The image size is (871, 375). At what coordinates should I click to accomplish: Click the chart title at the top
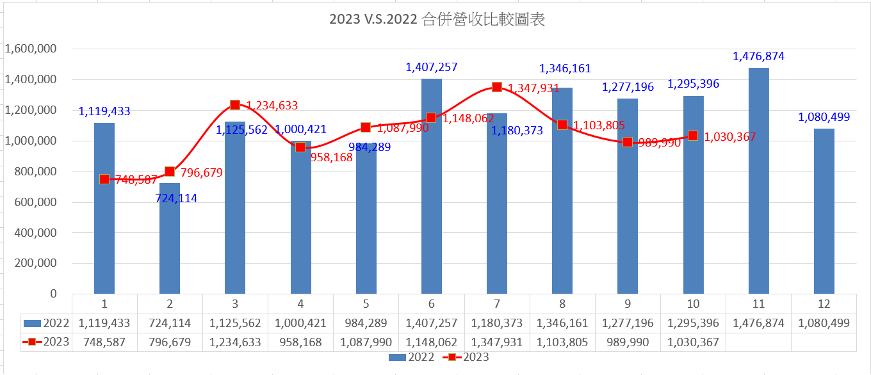coord(437,20)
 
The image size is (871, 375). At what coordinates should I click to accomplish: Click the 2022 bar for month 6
coord(432,186)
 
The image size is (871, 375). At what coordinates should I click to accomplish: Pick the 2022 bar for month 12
coord(824,211)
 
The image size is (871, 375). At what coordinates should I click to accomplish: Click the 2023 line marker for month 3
coord(235,105)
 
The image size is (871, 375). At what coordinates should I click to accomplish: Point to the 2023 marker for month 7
coord(497,87)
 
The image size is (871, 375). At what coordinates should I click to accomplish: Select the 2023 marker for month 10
coord(693,136)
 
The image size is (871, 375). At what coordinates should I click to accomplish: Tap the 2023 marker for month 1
coord(104,179)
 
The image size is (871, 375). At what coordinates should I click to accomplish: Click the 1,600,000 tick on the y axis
coord(31,49)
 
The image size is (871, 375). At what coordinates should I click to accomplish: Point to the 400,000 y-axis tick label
coord(31,233)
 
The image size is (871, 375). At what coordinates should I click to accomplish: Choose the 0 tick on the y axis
coord(53,294)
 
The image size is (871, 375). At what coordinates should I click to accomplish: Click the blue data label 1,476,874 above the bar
coord(758,56)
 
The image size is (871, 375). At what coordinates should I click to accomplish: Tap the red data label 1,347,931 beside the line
coord(533,88)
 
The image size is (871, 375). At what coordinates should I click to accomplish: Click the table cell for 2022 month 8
coord(562,323)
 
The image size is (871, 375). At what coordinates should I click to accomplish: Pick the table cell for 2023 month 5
coord(366,342)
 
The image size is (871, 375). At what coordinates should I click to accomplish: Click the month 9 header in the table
coord(628,303)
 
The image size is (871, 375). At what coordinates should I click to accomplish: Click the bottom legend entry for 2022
coord(412,357)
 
